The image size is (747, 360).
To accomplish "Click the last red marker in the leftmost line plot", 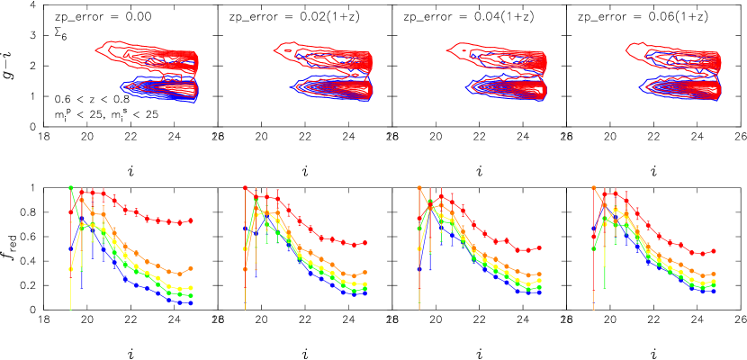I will click(191, 220).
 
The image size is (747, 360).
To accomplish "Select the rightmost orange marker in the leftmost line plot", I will click(191, 268).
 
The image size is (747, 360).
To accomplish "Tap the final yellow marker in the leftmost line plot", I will click(191, 289).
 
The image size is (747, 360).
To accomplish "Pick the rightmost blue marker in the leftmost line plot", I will click(191, 303).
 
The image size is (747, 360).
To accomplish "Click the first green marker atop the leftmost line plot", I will click(71, 188).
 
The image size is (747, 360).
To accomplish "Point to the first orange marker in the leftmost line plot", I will click(70, 268).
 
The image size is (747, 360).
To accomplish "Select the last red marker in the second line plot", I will click(365, 243).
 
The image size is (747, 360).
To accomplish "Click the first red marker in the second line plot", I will click(245, 188).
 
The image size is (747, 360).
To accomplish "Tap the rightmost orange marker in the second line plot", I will click(365, 273).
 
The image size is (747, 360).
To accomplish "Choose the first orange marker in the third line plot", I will click(419, 188).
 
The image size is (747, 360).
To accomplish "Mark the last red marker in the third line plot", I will click(539, 247).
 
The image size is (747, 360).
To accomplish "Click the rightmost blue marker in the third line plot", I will click(539, 292).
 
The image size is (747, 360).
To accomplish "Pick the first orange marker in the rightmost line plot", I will click(594, 188).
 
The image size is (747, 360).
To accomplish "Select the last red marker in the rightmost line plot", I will click(714, 251).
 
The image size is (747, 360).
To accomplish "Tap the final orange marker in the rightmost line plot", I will click(714, 274).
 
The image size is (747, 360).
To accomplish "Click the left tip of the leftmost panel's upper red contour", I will click(96, 50).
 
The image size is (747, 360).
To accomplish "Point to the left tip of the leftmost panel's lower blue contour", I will click(121, 86).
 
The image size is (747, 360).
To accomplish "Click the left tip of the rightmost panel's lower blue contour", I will click(640, 86).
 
